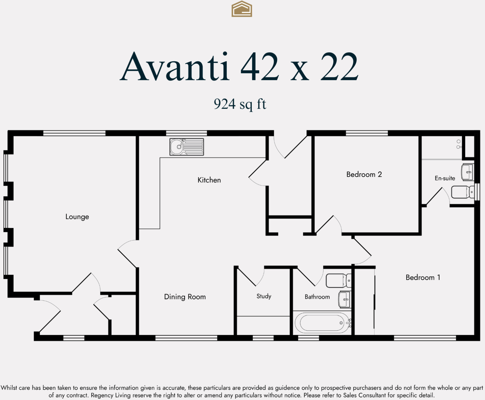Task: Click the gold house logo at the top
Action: tap(242, 9)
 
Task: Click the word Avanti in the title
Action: tap(175, 67)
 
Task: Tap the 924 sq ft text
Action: tap(240, 104)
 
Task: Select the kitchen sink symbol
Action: tap(187, 147)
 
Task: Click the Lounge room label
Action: tap(77, 217)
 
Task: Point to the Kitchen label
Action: tap(209, 180)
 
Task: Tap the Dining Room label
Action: tap(185, 297)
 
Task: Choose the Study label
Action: tap(264, 296)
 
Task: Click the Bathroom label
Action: tap(317, 297)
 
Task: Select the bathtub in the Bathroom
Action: tap(322, 323)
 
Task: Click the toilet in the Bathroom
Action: tap(338, 280)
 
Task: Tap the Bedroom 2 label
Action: tap(364, 174)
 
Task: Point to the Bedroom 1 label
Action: tap(423, 277)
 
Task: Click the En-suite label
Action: tap(445, 178)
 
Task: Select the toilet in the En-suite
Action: tap(462, 192)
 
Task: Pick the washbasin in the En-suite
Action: tap(467, 172)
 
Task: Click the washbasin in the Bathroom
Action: tap(344, 299)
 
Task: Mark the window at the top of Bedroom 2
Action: tap(367, 133)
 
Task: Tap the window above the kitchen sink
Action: tap(186, 133)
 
